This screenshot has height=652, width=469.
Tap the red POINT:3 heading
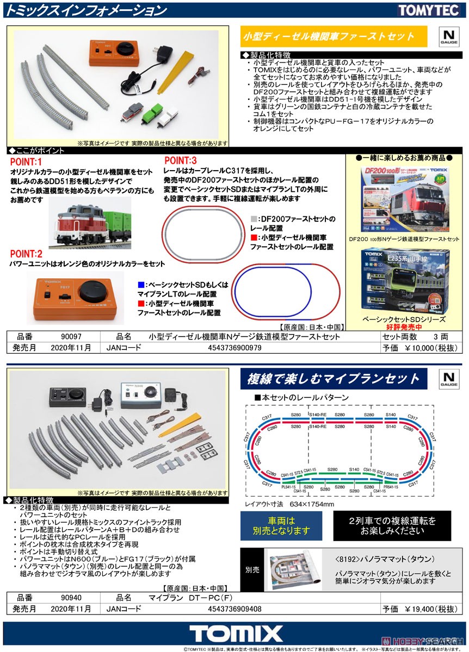click(x=181, y=160)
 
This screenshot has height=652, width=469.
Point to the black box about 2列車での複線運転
click(x=392, y=525)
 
